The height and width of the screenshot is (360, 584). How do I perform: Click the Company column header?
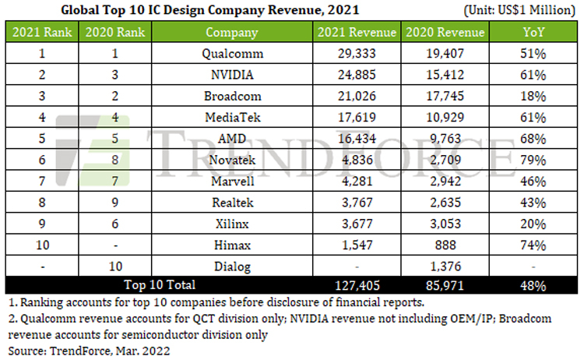click(231, 34)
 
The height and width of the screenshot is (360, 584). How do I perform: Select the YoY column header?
click(533, 34)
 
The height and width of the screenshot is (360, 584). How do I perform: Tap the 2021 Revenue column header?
click(357, 34)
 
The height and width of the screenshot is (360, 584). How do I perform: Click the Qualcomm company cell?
click(231, 55)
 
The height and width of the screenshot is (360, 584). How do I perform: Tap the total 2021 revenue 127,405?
click(357, 286)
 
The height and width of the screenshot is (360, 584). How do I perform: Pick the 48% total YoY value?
click(533, 286)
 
